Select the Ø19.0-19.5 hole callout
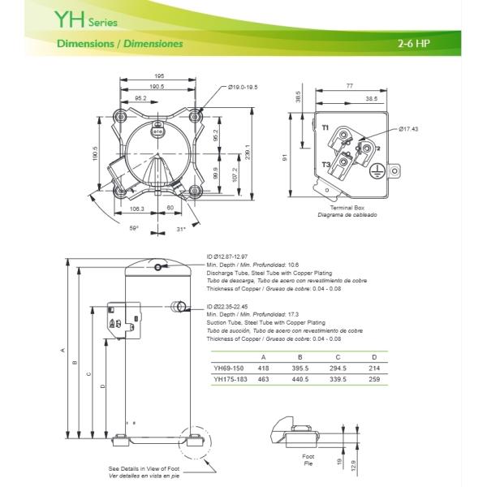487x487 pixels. (x=243, y=87)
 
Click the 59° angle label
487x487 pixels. (x=134, y=228)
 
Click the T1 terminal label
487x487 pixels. (x=325, y=128)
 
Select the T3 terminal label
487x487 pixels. (x=325, y=164)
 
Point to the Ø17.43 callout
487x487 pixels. (x=408, y=128)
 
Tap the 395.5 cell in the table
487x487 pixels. (x=300, y=368)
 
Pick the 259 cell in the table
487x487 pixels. (x=374, y=378)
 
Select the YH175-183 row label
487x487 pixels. (x=231, y=378)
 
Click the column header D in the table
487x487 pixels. (x=374, y=356)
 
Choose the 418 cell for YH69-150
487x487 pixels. (x=263, y=368)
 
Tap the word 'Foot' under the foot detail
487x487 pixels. (x=308, y=456)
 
